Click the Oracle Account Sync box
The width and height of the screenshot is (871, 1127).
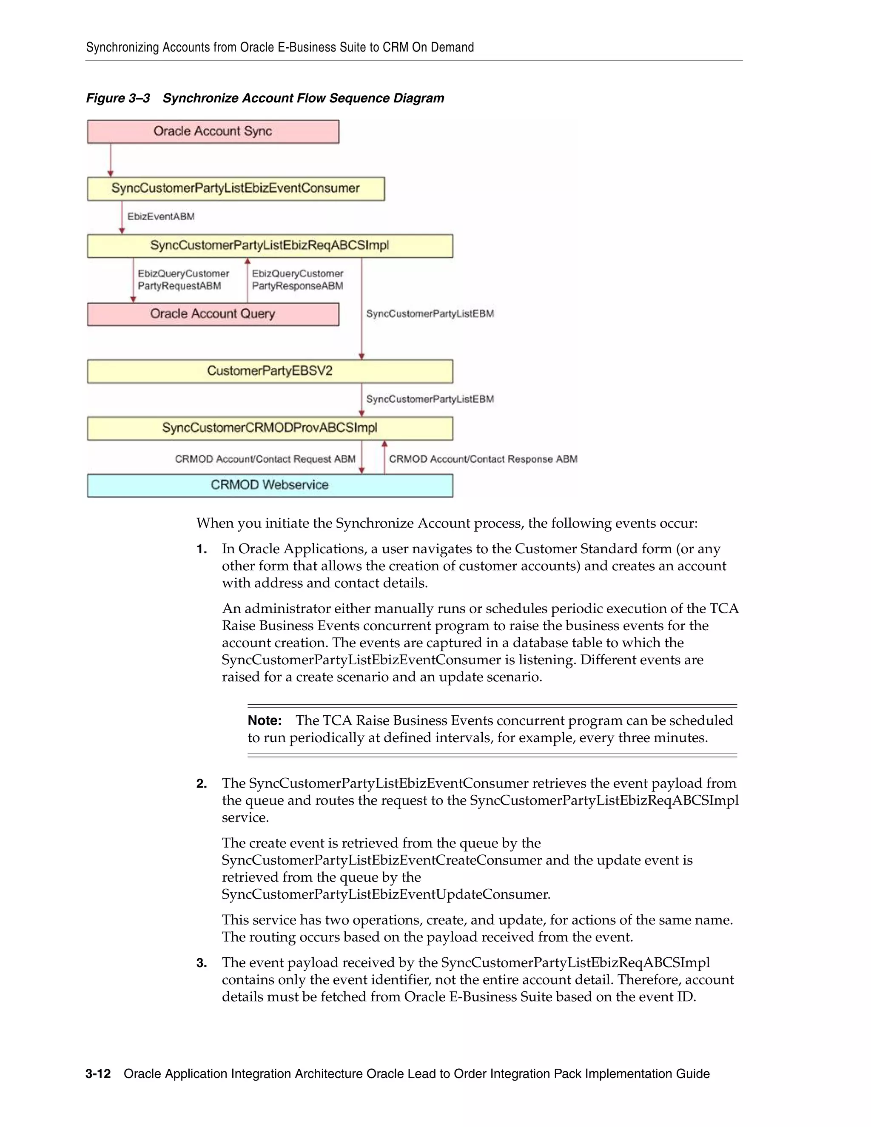213,131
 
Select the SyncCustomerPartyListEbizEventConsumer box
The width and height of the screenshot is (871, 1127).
235,189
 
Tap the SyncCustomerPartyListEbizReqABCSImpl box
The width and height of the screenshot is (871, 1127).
269,246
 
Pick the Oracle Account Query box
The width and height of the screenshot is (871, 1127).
213,314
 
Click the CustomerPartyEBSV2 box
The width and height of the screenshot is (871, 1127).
269,371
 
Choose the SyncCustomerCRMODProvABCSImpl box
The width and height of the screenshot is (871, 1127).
269,428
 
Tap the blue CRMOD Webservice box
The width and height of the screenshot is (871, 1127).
269,485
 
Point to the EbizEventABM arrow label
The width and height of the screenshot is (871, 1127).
161,217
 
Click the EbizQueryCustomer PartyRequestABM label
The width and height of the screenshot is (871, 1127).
183,280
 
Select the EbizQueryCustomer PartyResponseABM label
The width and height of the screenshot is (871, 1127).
298,280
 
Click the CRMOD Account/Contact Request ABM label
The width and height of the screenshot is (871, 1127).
265,459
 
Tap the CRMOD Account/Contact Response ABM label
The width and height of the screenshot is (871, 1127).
483,459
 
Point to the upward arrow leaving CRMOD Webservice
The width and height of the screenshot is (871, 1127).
384,458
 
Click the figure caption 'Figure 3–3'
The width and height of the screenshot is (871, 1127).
118,99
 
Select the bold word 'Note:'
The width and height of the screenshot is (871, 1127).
264,721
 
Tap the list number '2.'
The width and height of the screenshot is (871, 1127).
202,784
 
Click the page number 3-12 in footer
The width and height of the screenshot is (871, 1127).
98,1074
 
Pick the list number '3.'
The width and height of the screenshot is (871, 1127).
202,963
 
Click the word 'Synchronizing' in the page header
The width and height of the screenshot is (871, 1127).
122,48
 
